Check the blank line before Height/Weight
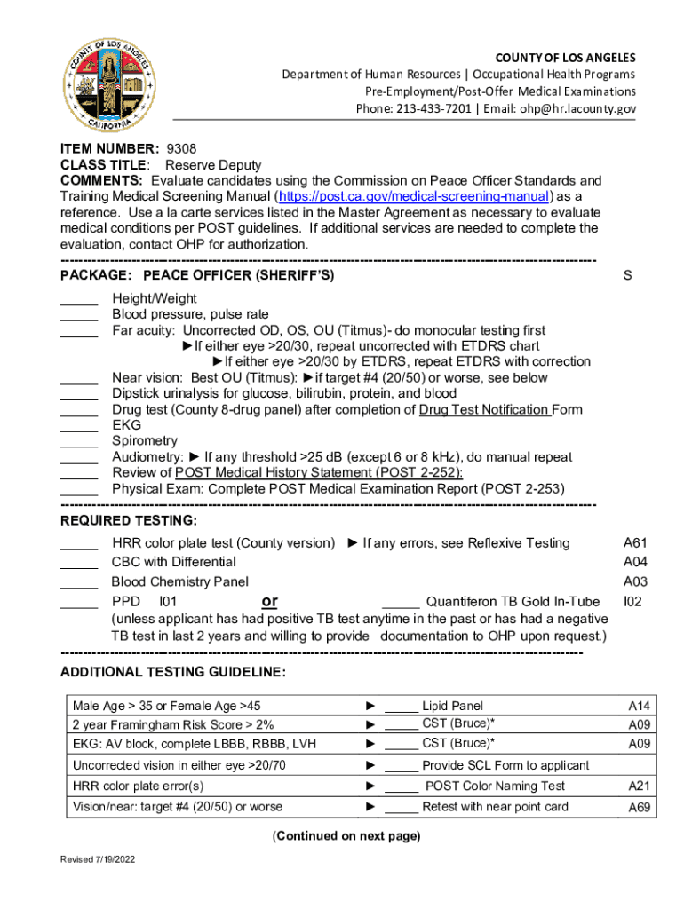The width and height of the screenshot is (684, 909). tap(79, 301)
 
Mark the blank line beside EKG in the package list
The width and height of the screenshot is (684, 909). tap(79, 427)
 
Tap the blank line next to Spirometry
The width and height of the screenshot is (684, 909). tap(79, 443)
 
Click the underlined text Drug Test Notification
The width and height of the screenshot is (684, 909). tap(484, 409)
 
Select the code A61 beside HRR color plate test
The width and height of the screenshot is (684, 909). tap(635, 542)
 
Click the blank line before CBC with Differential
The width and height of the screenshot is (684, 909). tap(79, 565)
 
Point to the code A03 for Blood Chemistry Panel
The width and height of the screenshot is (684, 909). tap(635, 582)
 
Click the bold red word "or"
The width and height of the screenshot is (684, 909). tap(270, 602)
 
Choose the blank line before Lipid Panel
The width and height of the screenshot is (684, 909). tap(402, 708)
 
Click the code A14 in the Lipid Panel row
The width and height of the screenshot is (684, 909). tap(639, 707)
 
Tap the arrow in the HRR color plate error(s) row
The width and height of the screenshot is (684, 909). tap(370, 786)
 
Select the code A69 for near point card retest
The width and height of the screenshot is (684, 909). tap(639, 808)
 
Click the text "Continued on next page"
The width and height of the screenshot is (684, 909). tap(346, 836)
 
